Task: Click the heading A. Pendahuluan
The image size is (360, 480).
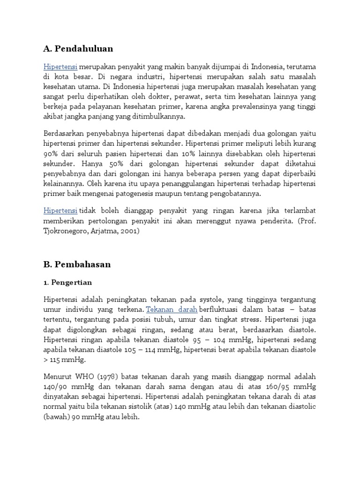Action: point(78,49)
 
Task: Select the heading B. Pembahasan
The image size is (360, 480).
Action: point(77,264)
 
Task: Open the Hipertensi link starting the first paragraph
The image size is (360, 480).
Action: point(60,66)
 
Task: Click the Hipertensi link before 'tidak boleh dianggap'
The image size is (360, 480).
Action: point(60,210)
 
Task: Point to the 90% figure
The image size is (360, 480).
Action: point(50,154)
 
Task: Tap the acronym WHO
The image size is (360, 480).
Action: point(86,376)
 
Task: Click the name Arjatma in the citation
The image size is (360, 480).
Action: point(101,231)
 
